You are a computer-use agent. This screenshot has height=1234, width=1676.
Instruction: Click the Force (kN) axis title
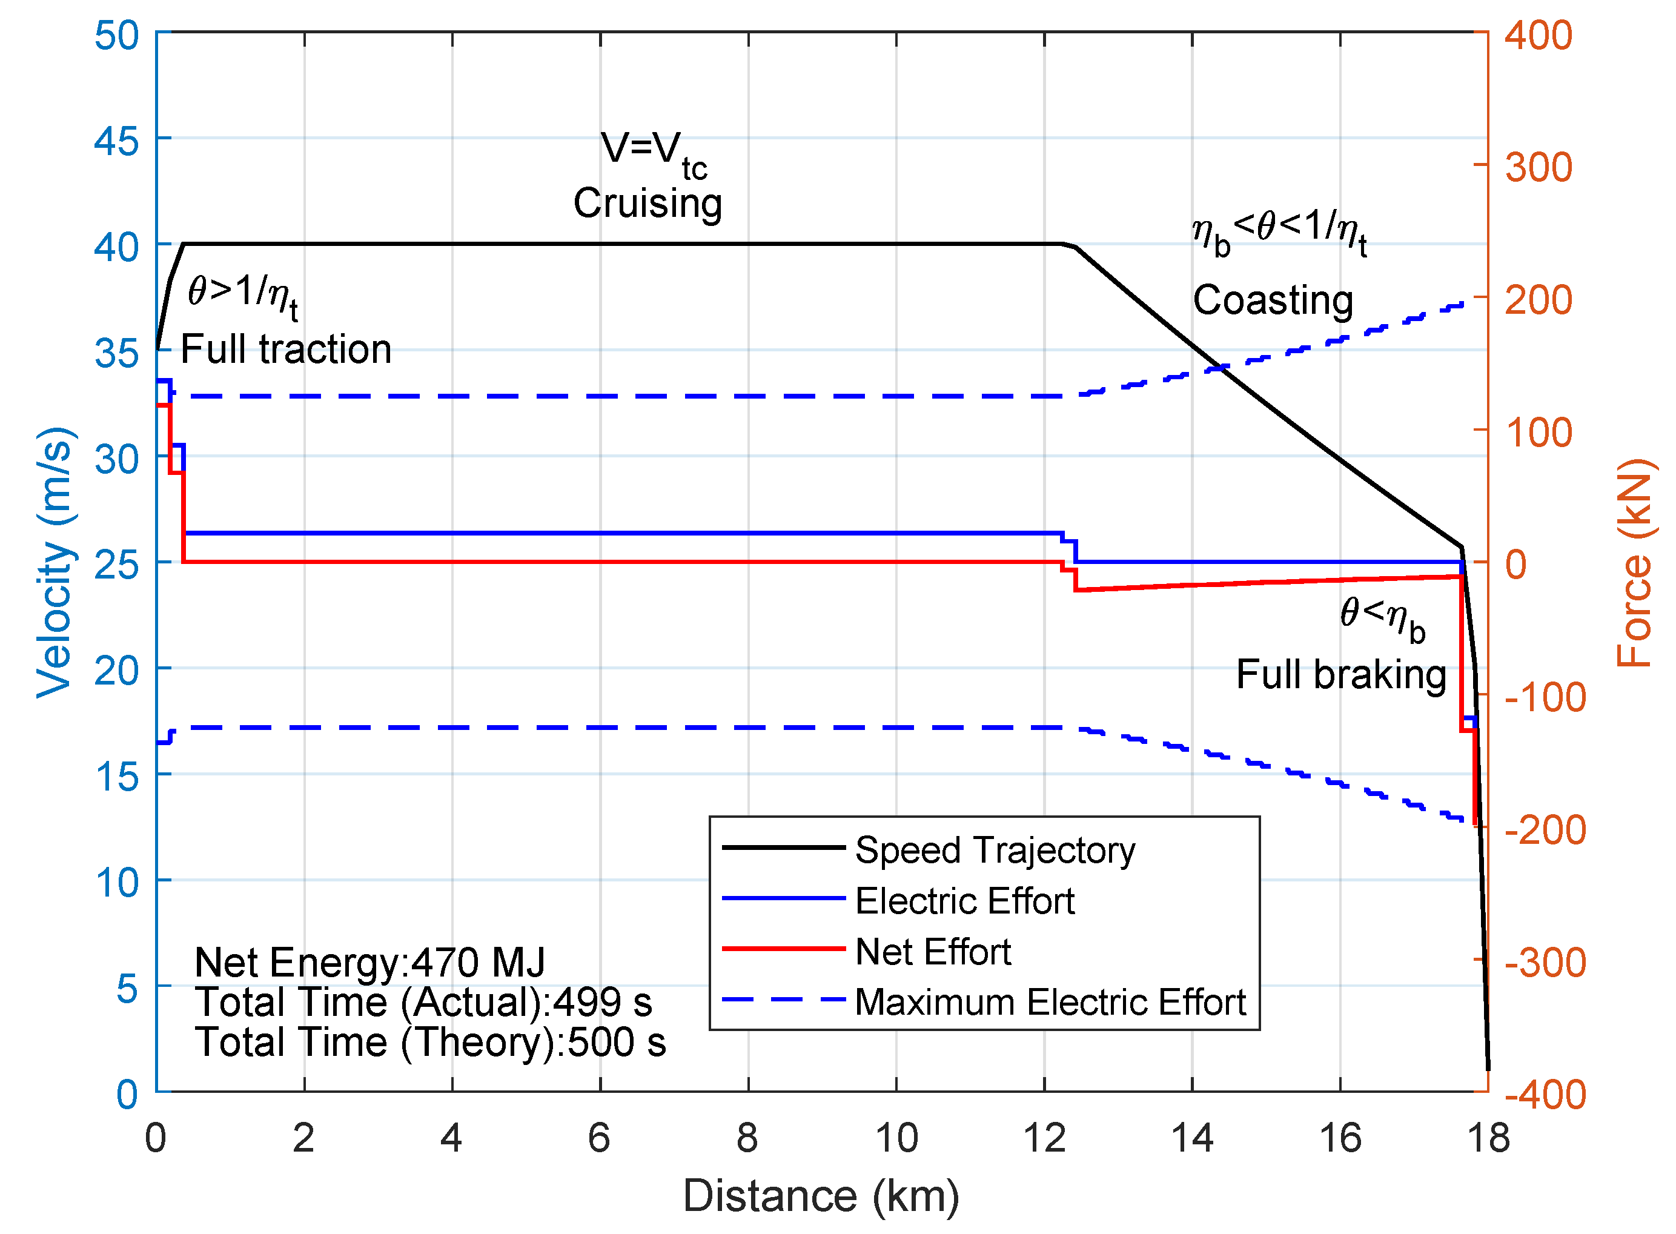pyautogui.click(x=1635, y=562)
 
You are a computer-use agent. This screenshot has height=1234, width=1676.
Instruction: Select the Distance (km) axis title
pyautogui.click(x=821, y=1196)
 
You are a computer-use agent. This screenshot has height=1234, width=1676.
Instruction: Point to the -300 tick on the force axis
pyautogui.click(x=1545, y=962)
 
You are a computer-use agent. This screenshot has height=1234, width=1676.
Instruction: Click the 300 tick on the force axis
pyautogui.click(x=1538, y=167)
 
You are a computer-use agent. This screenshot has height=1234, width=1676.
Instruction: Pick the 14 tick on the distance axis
pyautogui.click(x=1191, y=1138)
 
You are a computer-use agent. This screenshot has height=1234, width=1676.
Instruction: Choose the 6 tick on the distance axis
pyautogui.click(x=599, y=1138)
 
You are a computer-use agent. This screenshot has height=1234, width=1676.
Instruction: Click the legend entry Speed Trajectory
pyautogui.click(x=994, y=850)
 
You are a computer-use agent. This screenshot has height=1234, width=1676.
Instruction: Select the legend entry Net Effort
pyautogui.click(x=932, y=952)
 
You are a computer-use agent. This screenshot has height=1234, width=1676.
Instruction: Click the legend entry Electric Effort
pyautogui.click(x=964, y=901)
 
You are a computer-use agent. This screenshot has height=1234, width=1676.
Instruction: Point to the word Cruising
pyautogui.click(x=648, y=203)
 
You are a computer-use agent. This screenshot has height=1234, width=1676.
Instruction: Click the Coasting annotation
pyautogui.click(x=1273, y=300)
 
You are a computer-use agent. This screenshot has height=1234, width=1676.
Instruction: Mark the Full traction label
pyautogui.click(x=286, y=349)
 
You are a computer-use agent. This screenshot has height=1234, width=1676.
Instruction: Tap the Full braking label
pyautogui.click(x=1340, y=674)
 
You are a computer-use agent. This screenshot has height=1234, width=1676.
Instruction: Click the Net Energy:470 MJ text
pyautogui.click(x=369, y=962)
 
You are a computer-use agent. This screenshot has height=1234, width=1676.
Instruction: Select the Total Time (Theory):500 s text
pyautogui.click(x=430, y=1042)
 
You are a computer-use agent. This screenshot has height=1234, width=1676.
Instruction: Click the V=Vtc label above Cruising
pyautogui.click(x=653, y=151)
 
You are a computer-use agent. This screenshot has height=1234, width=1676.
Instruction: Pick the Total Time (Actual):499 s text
pyautogui.click(x=423, y=1002)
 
